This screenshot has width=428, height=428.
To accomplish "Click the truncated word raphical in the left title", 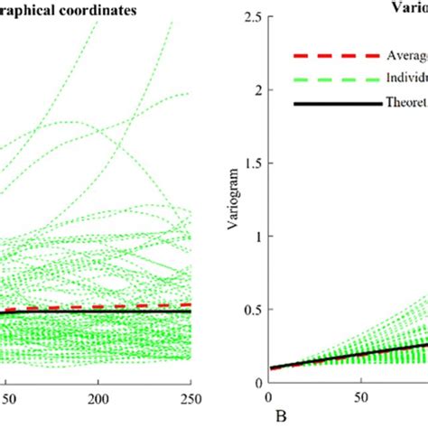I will coord(31,11).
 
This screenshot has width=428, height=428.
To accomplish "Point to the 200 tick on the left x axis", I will coord(98,398).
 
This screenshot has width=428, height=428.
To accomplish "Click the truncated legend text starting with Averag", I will coord(405,53).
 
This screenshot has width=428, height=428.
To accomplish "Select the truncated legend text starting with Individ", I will coord(405,79).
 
